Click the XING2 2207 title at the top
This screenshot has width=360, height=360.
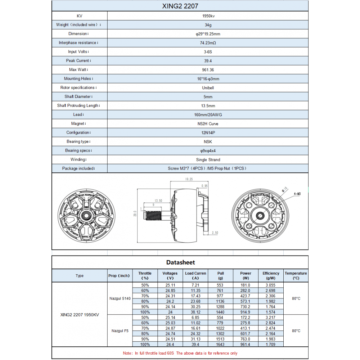[180, 6]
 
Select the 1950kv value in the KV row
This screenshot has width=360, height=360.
[208, 16]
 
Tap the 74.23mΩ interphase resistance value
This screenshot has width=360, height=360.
[208, 43]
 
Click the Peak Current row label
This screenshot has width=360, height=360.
[78, 61]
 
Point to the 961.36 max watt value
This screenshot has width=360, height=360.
[208, 70]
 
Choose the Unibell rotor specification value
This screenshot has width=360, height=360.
[208, 88]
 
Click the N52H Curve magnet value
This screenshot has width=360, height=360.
[208, 124]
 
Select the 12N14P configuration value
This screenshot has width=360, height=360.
[208, 133]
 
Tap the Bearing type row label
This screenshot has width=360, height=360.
[78, 142]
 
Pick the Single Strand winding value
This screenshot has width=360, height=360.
[208, 160]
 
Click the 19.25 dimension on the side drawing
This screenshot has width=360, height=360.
[189, 179]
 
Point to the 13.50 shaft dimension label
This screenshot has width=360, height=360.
[158, 200]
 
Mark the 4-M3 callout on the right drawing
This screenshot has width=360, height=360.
[298, 194]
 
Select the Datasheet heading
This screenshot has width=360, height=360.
[180, 262]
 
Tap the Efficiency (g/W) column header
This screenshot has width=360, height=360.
[271, 275]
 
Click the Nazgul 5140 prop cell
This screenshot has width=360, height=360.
[120, 298]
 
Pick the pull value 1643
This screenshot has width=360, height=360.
[220, 345]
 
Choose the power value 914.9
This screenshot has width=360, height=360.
[246, 312]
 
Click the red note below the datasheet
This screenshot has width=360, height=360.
[180, 353]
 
